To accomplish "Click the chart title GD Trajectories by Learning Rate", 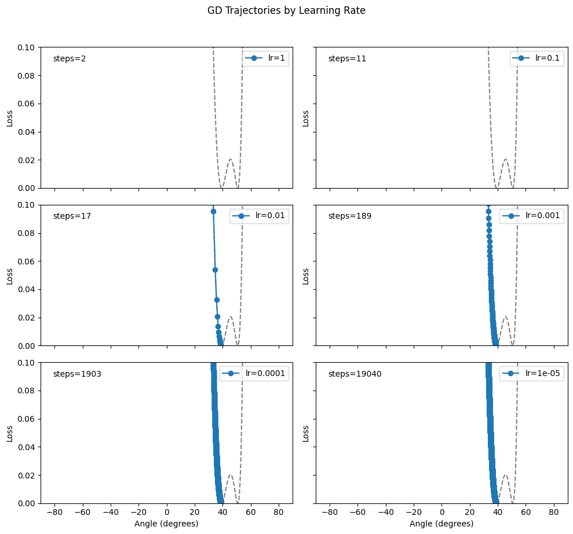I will [286, 10].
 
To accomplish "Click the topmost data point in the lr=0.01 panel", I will [213, 212].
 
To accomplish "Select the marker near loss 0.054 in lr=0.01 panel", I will [215, 270].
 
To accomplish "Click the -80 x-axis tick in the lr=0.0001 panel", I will [55, 512].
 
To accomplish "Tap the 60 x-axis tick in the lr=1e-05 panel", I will [525, 512].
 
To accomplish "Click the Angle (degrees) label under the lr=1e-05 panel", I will [441, 524].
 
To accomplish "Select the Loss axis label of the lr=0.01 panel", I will [9, 275].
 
